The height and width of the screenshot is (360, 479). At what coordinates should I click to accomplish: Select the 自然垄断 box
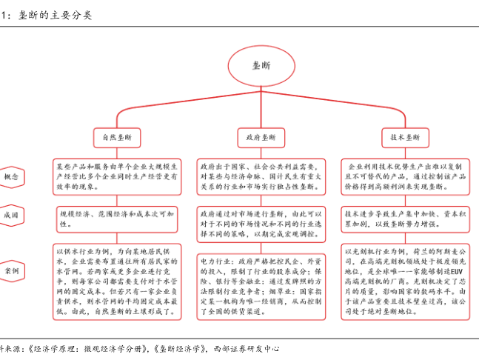(116, 137)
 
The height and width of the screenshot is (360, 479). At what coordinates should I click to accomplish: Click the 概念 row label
(12, 178)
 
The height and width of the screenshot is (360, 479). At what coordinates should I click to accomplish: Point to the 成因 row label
(12, 216)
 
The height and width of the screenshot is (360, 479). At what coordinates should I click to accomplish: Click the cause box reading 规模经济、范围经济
(116, 217)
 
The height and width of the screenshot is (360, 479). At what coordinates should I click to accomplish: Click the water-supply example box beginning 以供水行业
(116, 282)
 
